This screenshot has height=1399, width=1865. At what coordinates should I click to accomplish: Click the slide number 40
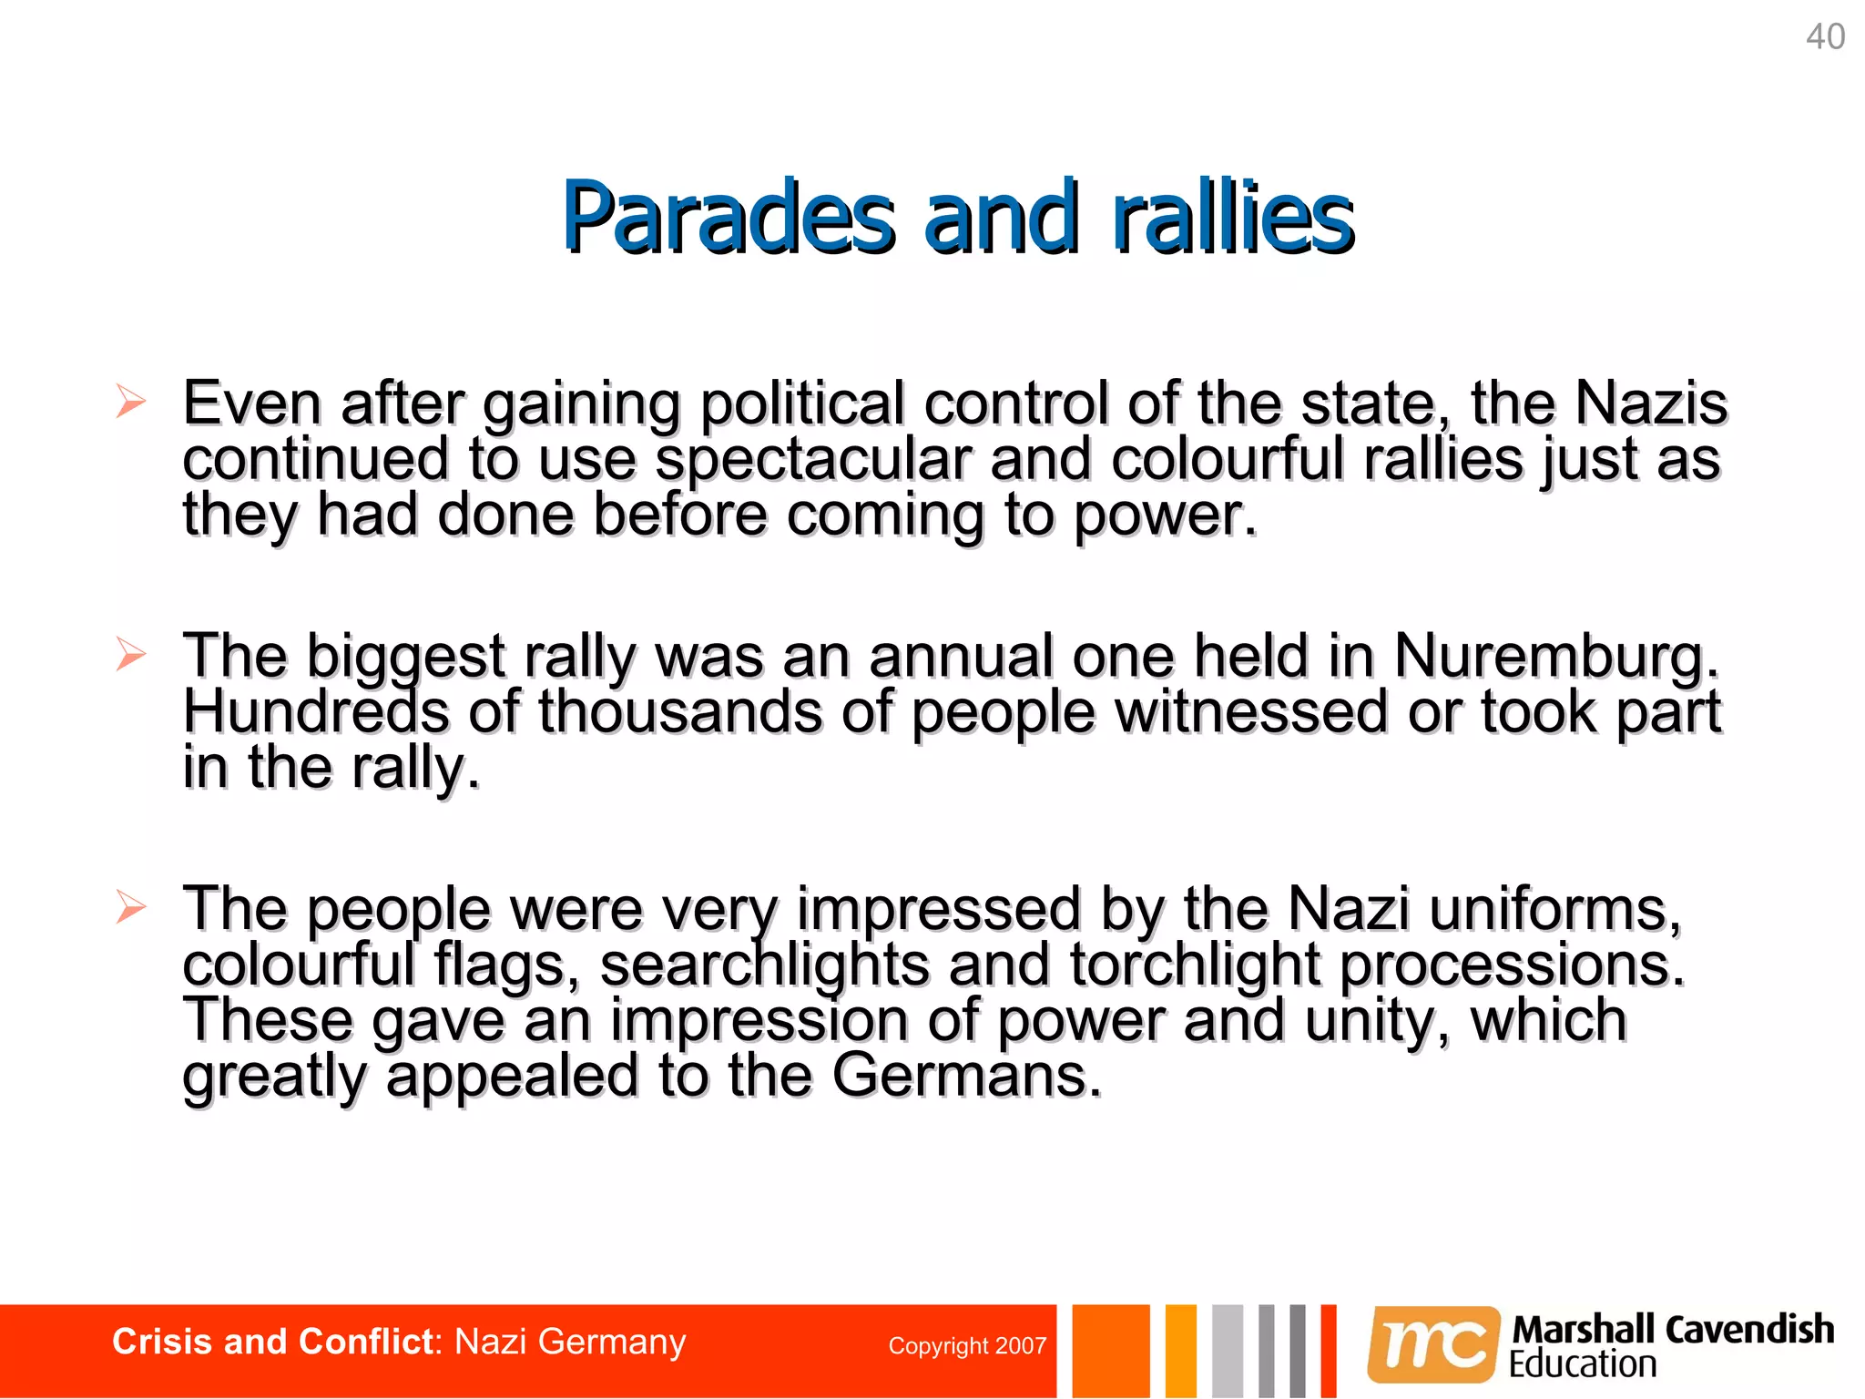point(1825,37)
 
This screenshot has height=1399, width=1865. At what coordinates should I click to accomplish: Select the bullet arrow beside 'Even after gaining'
point(130,402)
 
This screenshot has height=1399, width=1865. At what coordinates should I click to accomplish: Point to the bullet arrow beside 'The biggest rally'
point(130,654)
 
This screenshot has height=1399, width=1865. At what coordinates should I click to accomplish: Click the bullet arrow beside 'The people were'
point(130,907)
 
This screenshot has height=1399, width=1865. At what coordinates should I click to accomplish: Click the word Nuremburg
point(1554,656)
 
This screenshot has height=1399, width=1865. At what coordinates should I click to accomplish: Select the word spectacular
point(813,459)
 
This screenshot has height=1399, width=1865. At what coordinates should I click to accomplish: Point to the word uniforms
point(1554,909)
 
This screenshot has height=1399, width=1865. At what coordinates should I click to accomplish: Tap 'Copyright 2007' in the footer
point(967,1346)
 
